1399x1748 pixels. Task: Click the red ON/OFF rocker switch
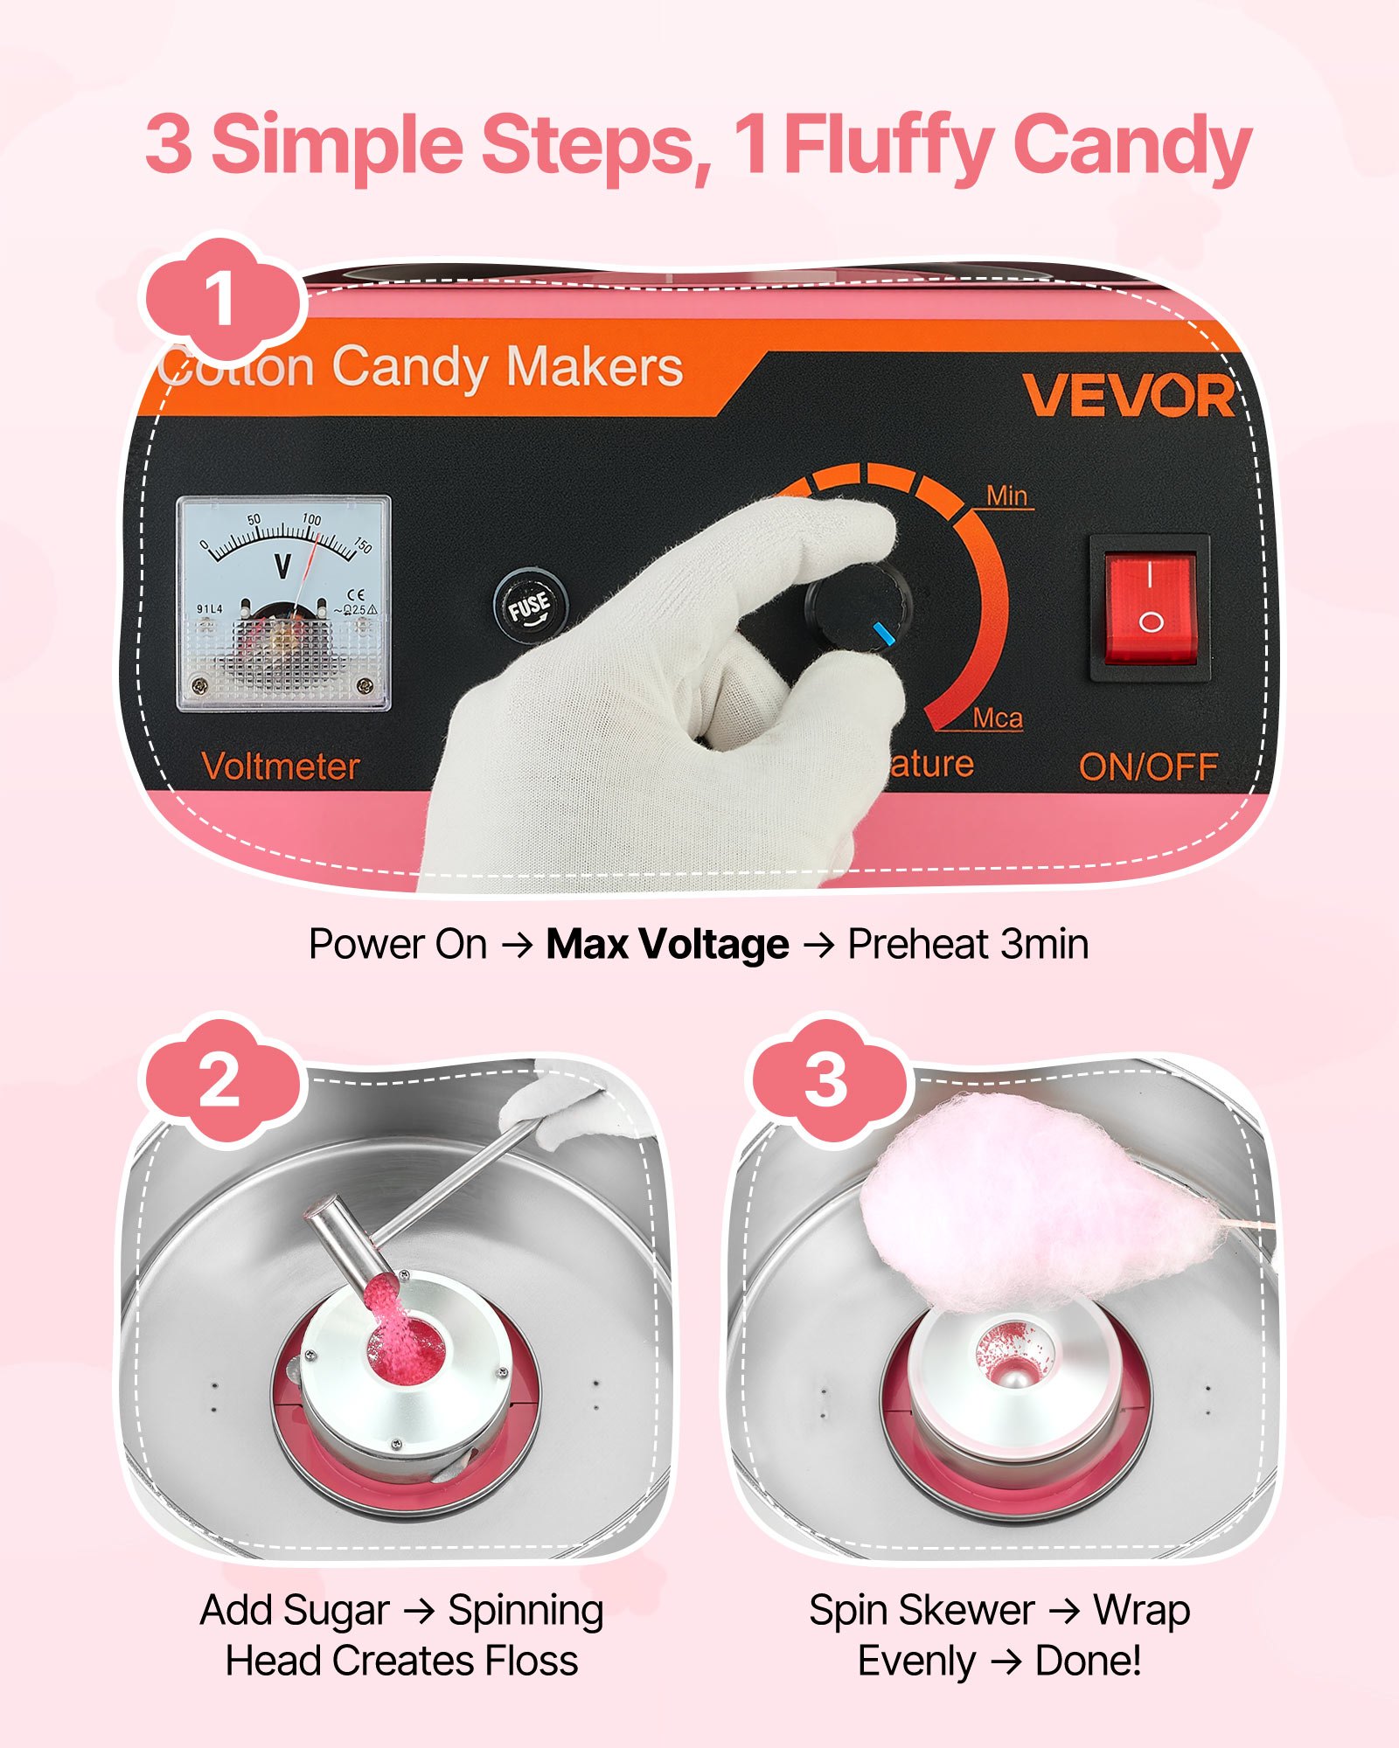point(1150,607)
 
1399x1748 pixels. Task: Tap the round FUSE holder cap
point(529,606)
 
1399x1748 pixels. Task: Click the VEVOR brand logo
point(1128,396)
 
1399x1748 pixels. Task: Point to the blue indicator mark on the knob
point(885,635)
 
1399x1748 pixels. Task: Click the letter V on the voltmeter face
point(282,566)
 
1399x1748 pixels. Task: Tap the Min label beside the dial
point(1006,496)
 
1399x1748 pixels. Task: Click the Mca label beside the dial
point(998,718)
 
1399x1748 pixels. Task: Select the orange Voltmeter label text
point(281,766)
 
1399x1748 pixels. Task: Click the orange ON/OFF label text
point(1148,767)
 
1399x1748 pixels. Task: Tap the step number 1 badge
point(219,299)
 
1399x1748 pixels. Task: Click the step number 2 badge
point(219,1081)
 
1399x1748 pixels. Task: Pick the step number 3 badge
point(826,1081)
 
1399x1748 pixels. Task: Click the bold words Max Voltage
point(667,945)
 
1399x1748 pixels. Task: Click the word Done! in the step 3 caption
point(1088,1661)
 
